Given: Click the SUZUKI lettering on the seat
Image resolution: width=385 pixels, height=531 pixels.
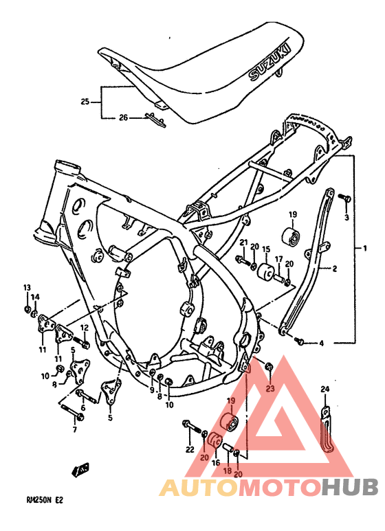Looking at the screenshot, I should pos(269,63).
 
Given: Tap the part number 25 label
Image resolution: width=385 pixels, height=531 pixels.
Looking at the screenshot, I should pos(85,102).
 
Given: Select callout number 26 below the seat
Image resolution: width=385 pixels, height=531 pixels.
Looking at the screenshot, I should pos(124,117).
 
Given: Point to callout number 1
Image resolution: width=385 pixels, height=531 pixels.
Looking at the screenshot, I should pos(366,247).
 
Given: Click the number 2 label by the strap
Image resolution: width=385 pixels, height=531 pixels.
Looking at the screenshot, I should pos(335,269).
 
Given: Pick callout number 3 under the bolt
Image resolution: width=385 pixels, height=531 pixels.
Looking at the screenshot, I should pos(346,217).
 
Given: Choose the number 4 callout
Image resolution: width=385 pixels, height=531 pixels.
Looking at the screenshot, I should pos(320,342).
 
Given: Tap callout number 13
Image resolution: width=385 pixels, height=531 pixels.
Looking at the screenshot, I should pos(27,287).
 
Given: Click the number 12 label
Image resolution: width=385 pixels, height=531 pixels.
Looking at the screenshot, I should pos(84,328).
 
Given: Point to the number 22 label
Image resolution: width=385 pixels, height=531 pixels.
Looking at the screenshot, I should pos(190,450).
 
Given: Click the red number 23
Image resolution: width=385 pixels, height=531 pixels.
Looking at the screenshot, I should pos(269,389).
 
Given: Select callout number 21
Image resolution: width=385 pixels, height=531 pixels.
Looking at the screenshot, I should pos(243,242).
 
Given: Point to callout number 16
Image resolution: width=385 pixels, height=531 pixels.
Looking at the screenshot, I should pos(215,464).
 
